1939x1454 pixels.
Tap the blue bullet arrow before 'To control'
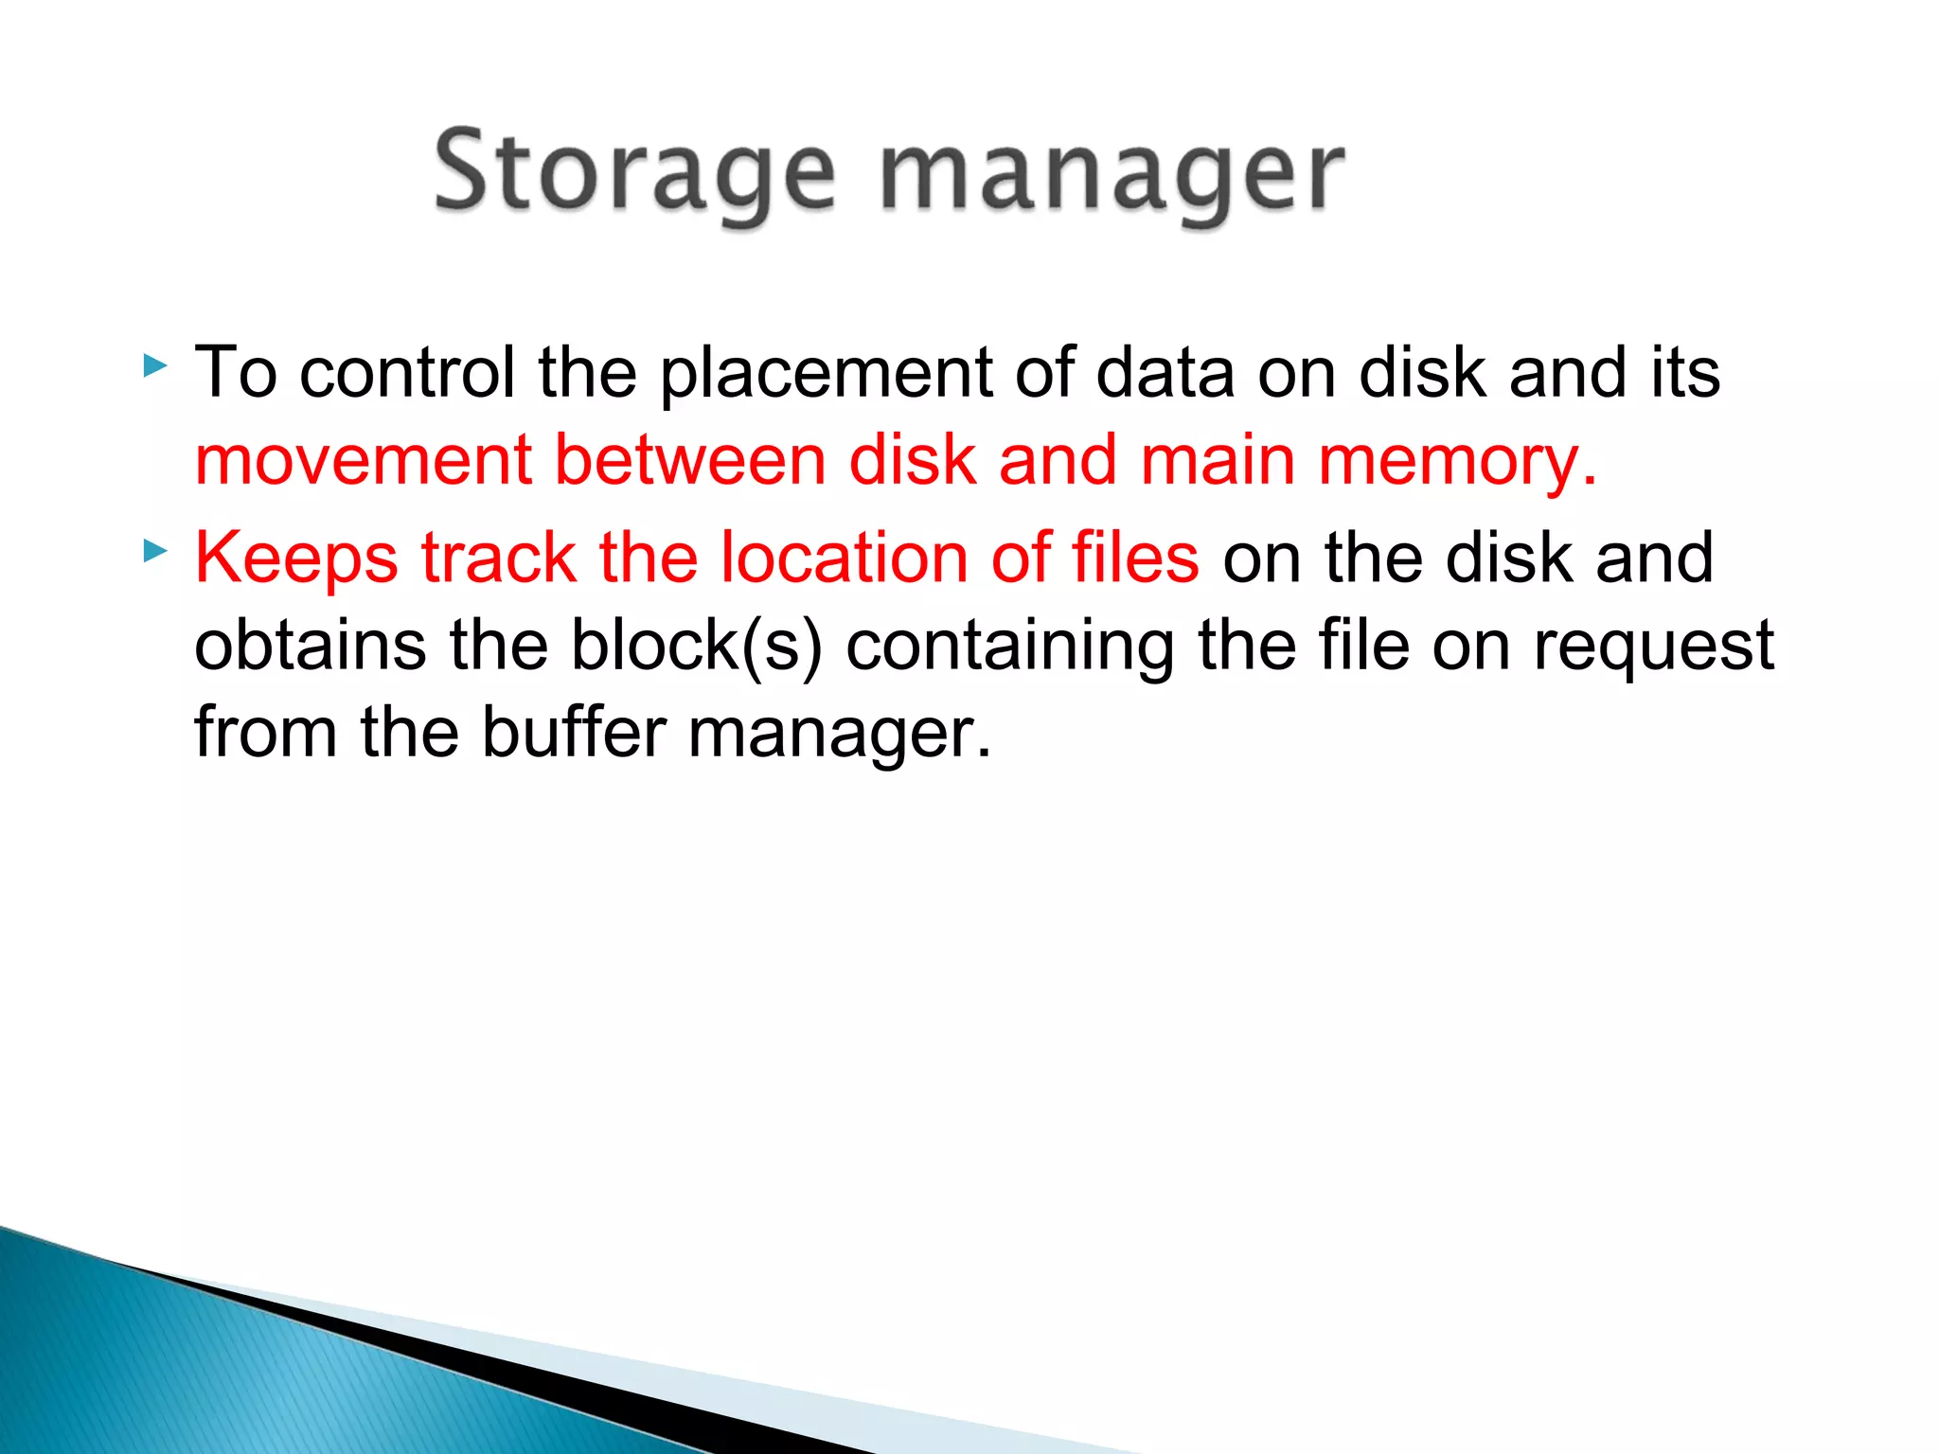(155, 365)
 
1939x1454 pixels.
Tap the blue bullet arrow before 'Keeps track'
(155, 550)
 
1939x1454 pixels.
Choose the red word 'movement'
(363, 461)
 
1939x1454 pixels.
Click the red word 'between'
(689, 461)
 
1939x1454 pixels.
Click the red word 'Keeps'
(296, 558)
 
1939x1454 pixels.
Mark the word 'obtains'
(310, 646)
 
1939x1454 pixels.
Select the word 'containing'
(1009, 646)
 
